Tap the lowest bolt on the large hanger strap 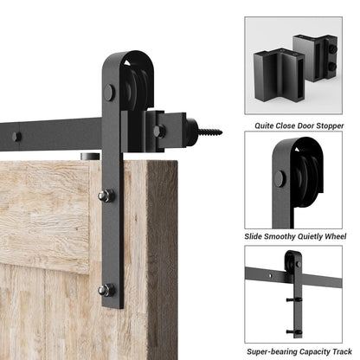pyautogui.click(x=106, y=290)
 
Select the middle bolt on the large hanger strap pyautogui.click(x=106, y=196)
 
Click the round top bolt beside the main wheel pyautogui.click(x=109, y=92)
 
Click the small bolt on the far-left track pyautogui.click(x=17, y=136)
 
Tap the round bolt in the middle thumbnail pyautogui.click(x=279, y=179)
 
